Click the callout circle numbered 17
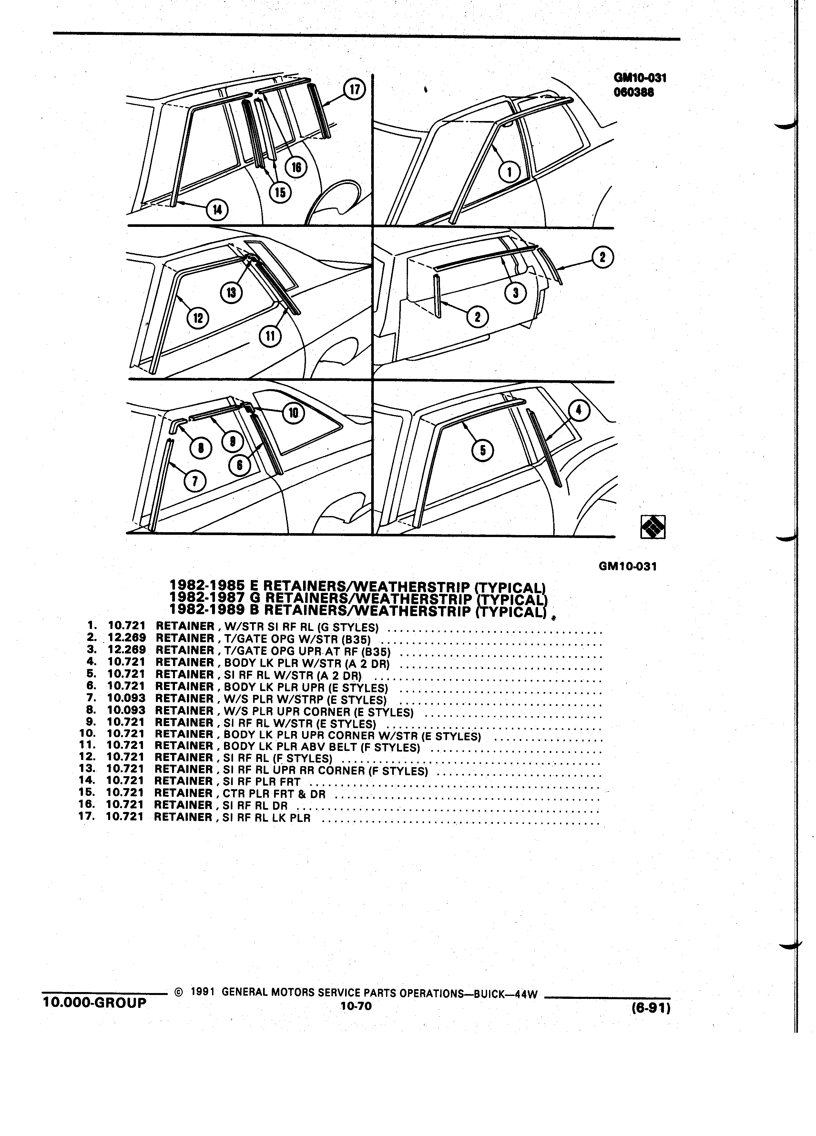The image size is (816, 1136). pos(355,90)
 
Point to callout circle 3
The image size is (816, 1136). pos(516,293)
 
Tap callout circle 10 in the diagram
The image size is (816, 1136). pos(293,413)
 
